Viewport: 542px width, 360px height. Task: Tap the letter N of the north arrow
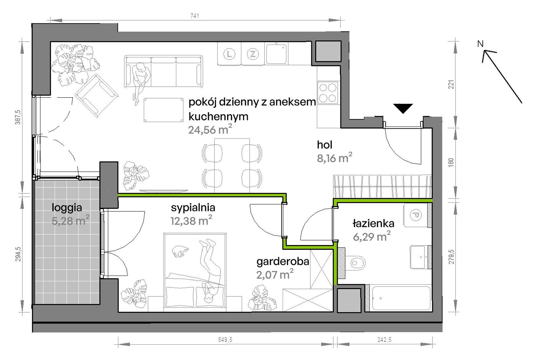[x=480, y=44]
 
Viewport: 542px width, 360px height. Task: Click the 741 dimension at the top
[x=195, y=16]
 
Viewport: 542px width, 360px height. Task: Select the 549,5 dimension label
[x=225, y=340]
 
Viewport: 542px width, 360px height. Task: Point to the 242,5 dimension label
[x=384, y=340]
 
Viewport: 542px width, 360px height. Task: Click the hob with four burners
[x=328, y=92]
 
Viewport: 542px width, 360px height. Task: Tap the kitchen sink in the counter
[x=276, y=54]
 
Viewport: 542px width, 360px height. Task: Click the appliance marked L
[x=229, y=54]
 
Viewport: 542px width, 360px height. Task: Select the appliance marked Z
[x=252, y=54]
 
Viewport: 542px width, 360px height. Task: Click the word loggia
[x=67, y=208]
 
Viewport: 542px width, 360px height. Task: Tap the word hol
[x=325, y=145]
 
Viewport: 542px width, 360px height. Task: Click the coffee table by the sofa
[x=163, y=110]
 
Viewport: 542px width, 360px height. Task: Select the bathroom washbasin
[x=419, y=257]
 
